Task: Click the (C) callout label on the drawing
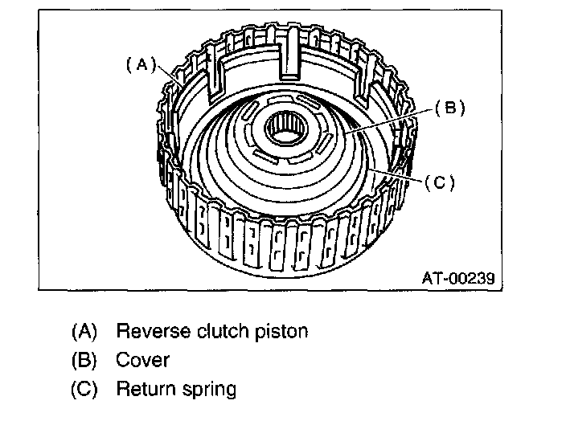pos(440,182)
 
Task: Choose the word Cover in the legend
pos(143,361)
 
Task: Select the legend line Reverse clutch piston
pos(211,331)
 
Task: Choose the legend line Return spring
pos(176,390)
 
